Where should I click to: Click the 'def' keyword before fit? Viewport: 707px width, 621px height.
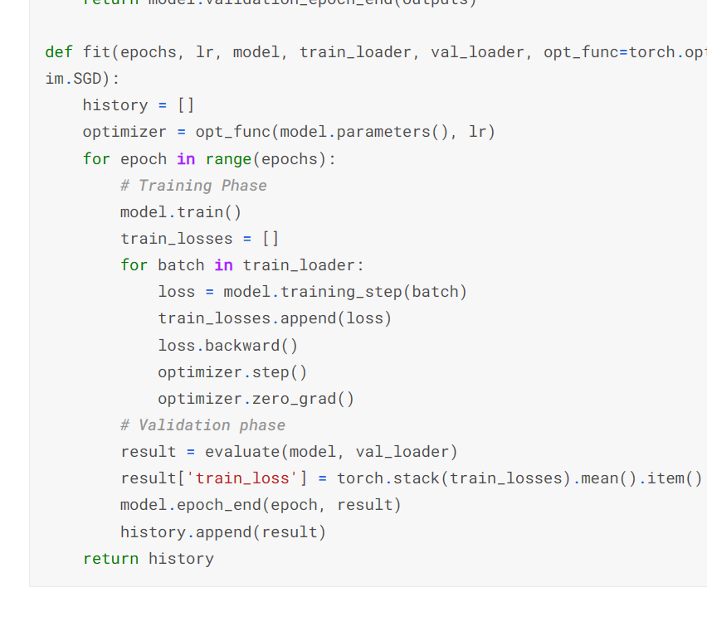(x=59, y=52)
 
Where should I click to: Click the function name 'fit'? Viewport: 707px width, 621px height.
(x=96, y=52)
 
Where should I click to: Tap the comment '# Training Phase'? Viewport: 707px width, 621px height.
(x=193, y=186)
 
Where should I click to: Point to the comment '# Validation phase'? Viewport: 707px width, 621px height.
(x=202, y=425)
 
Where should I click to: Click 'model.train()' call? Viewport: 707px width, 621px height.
(x=181, y=212)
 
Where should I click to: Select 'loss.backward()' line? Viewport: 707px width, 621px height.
(x=227, y=346)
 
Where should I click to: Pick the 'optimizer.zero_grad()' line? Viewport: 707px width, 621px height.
(x=256, y=399)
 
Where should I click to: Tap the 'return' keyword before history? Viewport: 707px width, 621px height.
(x=110, y=559)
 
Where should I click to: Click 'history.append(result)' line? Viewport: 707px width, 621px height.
(x=223, y=532)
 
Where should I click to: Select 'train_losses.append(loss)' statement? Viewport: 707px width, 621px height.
(x=275, y=318)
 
